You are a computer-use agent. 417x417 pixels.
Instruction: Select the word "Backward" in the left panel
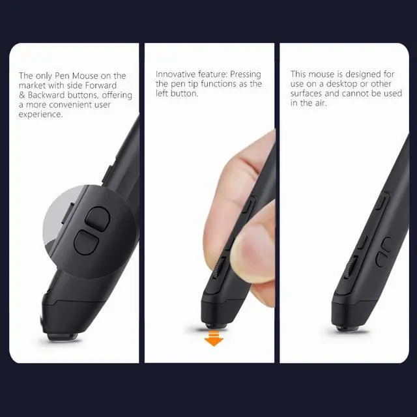[48, 95]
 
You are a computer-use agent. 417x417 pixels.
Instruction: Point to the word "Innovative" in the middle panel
[177, 74]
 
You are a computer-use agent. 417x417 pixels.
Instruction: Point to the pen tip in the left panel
[61, 336]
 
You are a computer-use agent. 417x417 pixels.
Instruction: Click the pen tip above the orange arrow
[216, 324]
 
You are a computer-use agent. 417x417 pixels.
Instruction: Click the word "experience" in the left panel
[41, 115]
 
